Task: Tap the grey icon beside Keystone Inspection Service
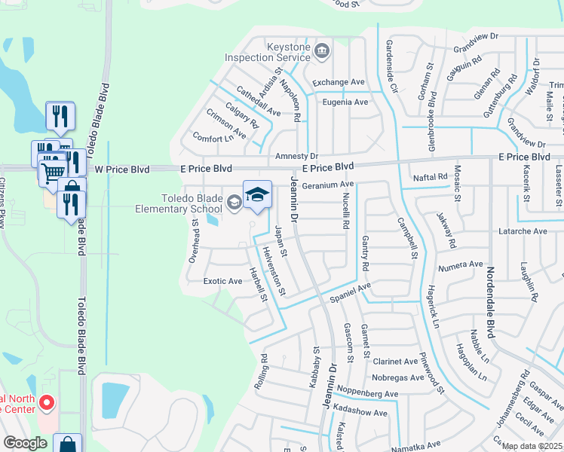[322, 51]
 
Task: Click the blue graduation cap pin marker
[257, 194]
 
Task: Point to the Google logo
[26, 443]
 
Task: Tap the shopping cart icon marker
[52, 171]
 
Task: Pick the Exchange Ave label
[339, 82]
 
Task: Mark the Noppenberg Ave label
[369, 394]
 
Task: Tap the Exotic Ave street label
[222, 281]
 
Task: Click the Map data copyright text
[532, 446]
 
